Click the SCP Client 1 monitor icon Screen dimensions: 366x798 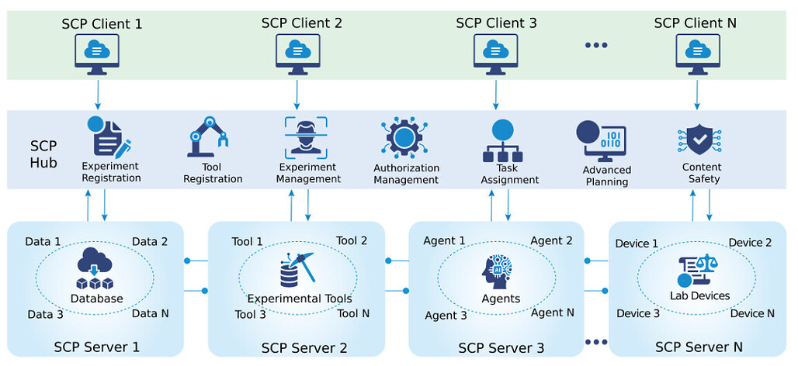(98, 54)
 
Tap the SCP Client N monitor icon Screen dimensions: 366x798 (696, 54)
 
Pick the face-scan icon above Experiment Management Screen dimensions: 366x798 (306, 137)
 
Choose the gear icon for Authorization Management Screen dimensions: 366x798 (404, 138)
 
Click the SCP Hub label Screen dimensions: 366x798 (43, 154)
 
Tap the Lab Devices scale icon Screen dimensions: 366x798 (699, 271)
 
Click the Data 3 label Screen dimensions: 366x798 (45, 314)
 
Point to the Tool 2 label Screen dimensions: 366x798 (352, 241)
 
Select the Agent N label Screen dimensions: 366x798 (552, 312)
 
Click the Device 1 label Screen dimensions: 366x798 (637, 243)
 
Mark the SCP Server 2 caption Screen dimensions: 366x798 (304, 347)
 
